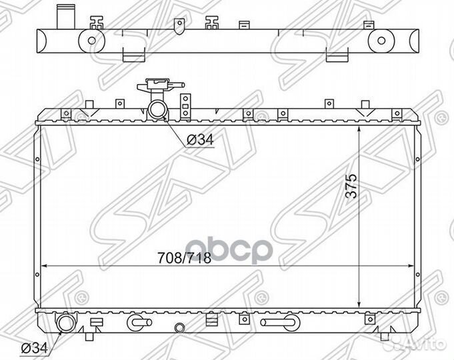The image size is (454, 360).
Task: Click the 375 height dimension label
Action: (351, 185)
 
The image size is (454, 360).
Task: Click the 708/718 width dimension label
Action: (184, 257)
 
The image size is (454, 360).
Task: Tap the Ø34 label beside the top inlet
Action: (200, 140)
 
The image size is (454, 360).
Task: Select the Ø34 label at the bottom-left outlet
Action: (34, 348)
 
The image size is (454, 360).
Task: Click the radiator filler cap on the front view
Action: (158, 84)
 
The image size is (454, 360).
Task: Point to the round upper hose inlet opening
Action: (157, 109)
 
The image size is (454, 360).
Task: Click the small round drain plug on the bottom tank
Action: (179, 327)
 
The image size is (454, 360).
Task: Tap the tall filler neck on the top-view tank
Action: (66, 17)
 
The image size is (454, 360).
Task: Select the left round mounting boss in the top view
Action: (91, 41)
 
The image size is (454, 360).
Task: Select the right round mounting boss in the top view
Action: (381, 41)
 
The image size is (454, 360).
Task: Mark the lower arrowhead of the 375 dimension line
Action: (359, 304)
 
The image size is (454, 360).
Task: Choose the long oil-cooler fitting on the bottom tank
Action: (280, 323)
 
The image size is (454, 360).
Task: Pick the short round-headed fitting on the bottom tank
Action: (139, 323)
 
